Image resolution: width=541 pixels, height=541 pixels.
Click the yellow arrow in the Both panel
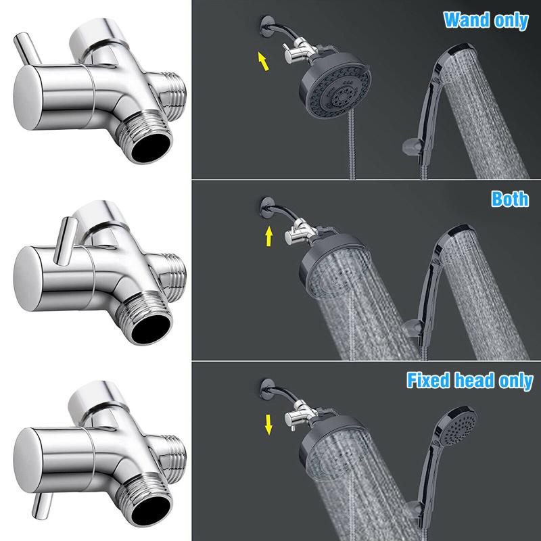[269, 237]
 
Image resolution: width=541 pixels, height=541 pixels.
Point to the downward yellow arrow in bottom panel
[269, 423]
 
